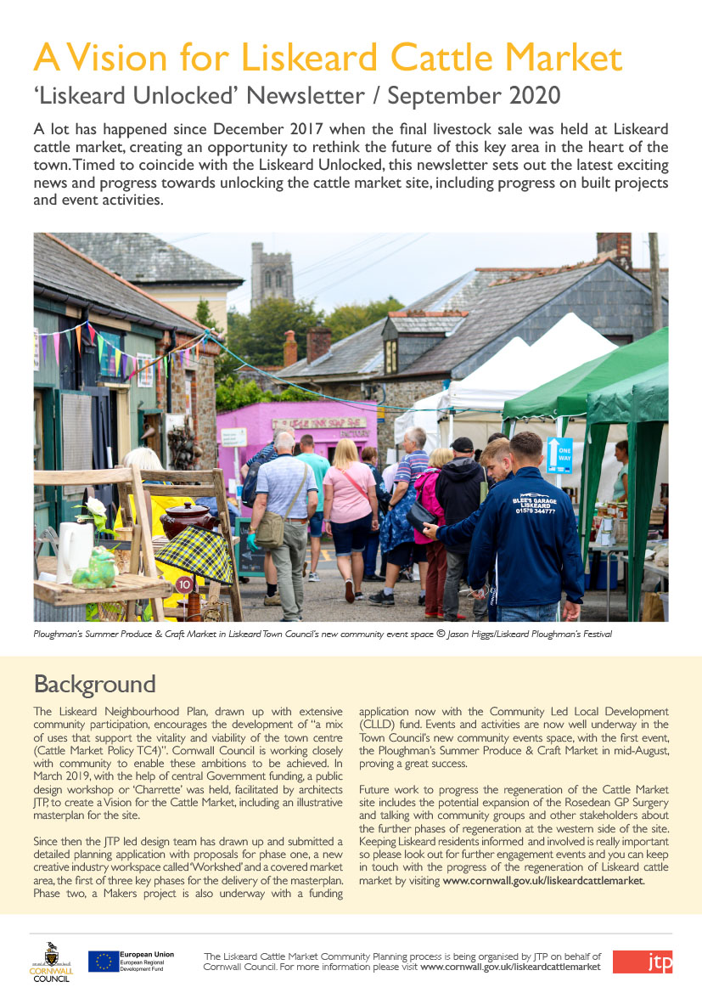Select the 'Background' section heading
[94, 684]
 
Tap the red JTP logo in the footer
[643, 962]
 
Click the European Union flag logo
[103, 962]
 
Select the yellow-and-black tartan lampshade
[194, 553]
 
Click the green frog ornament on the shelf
[94, 568]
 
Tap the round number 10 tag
[184, 584]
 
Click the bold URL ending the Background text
[543, 881]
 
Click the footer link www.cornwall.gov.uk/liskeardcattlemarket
[510, 967]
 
